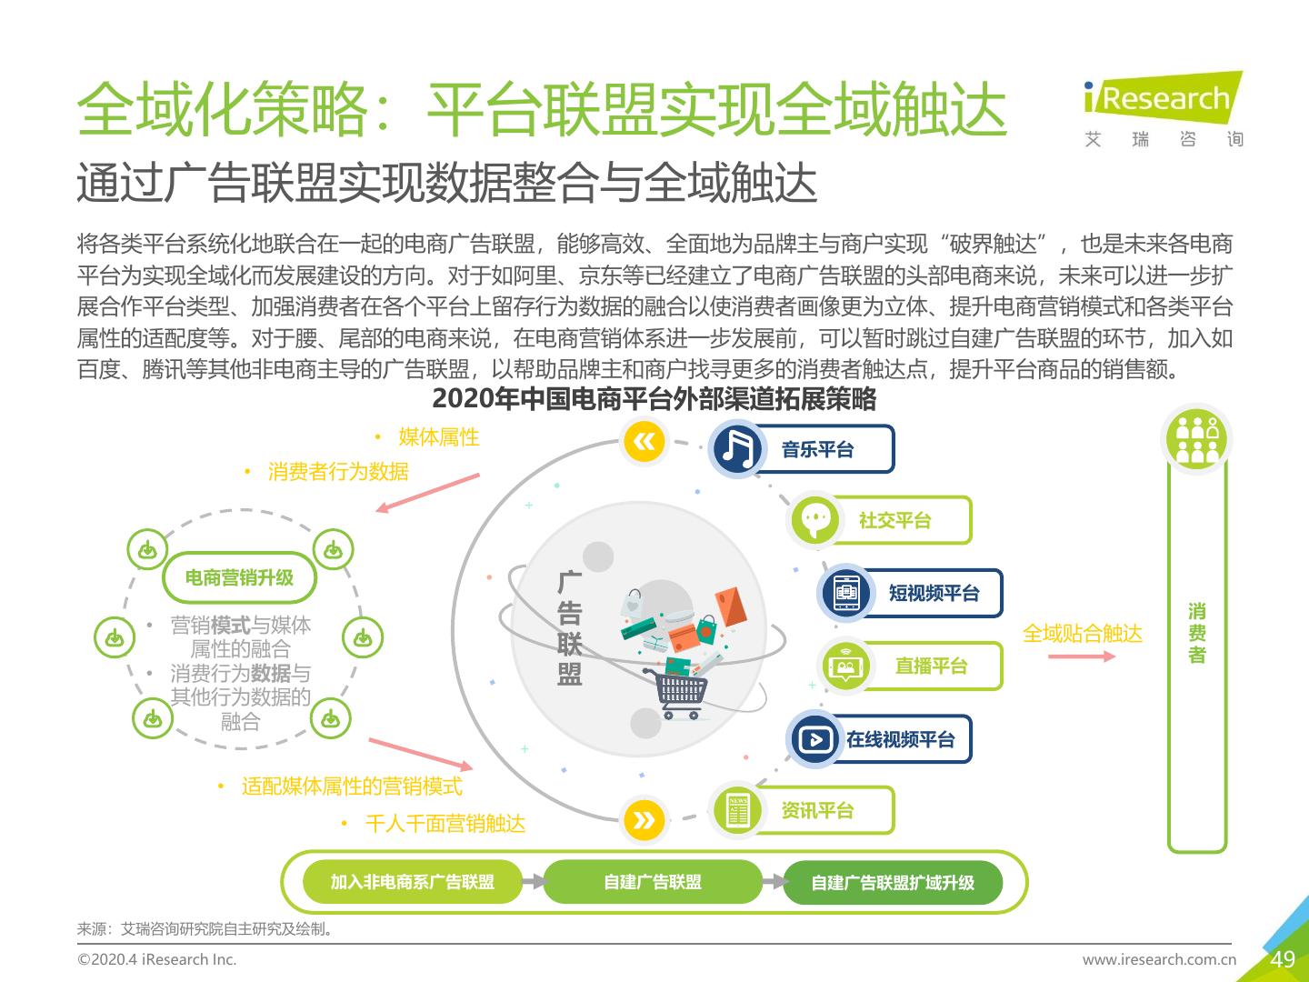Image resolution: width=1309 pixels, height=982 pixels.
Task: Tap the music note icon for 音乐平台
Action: click(x=737, y=449)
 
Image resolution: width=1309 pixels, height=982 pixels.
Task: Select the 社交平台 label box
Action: click(x=894, y=520)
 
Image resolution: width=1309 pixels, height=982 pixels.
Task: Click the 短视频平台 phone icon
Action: click(x=847, y=593)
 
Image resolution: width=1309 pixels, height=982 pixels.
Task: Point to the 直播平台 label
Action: click(x=931, y=666)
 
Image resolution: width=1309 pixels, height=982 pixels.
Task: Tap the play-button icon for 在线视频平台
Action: click(x=815, y=739)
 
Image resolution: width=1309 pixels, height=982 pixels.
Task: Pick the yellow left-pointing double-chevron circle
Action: click(x=645, y=442)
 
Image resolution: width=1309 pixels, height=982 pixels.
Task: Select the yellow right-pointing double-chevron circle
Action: click(x=645, y=820)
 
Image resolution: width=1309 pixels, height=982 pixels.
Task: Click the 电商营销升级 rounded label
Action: click(x=239, y=577)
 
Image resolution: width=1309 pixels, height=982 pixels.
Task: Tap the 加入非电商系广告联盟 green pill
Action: click(x=412, y=881)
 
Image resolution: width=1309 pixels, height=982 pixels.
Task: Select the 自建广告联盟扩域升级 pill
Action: click(x=893, y=882)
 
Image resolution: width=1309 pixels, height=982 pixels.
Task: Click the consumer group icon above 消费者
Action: click(x=1196, y=439)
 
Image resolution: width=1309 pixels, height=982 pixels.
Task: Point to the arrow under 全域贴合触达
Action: click(x=1081, y=656)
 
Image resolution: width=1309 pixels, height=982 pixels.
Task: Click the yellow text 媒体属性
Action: click(x=438, y=437)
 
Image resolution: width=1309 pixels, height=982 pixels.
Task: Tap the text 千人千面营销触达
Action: click(x=445, y=824)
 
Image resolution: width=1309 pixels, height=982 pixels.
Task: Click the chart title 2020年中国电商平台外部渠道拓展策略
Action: click(x=654, y=399)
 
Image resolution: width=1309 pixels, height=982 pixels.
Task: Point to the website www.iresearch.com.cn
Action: click(x=1159, y=959)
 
